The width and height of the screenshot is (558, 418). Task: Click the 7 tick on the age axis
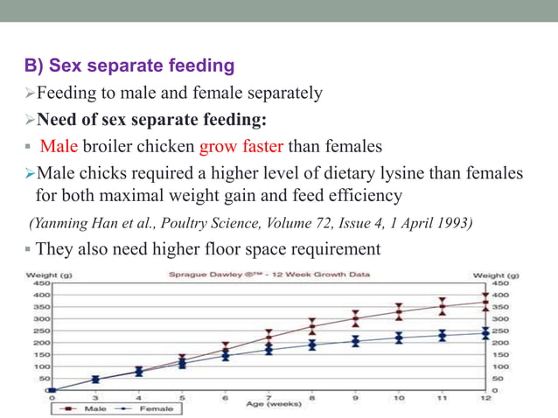pos(269,397)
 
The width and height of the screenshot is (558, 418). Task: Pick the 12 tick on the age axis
pos(485,397)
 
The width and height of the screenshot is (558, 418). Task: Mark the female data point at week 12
pos(485,332)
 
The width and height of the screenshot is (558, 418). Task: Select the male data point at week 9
pos(355,318)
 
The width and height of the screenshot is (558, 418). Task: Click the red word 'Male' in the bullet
pos(59,145)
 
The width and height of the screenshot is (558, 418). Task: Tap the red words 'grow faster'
pos(241,145)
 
